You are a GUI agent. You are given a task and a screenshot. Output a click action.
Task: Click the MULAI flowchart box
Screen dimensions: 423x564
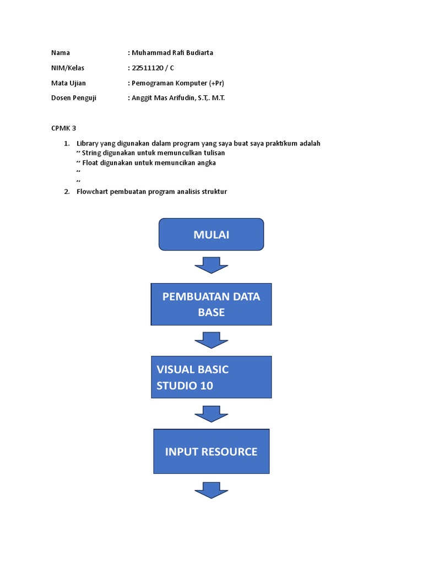(x=211, y=235)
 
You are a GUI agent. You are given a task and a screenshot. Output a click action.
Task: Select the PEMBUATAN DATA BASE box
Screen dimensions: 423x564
(x=211, y=304)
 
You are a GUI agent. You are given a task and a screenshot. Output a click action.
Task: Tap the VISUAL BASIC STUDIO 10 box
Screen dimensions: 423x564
(x=211, y=377)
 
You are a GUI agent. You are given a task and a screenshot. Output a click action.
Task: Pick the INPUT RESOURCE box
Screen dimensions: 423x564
(x=211, y=451)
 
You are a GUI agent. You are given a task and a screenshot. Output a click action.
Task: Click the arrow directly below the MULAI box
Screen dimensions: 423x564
(x=211, y=265)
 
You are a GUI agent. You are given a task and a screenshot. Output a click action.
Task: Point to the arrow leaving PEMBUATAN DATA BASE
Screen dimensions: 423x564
(x=211, y=339)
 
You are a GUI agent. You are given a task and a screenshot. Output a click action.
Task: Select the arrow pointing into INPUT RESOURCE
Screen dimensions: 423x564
(x=211, y=414)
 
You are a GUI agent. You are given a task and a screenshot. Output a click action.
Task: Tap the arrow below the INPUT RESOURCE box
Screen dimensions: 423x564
(x=211, y=490)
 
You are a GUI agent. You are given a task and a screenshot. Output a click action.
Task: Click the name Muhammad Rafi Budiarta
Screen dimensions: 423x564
(x=172, y=53)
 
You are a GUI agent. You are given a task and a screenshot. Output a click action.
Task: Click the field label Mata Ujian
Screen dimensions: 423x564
(x=68, y=83)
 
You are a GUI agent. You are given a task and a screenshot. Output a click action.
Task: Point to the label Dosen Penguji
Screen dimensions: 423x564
(x=73, y=98)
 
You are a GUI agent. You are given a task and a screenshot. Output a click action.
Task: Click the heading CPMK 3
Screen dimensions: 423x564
(x=63, y=128)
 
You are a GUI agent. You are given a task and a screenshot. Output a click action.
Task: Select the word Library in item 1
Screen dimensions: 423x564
(x=88, y=143)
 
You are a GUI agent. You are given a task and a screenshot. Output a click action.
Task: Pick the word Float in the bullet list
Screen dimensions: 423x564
(x=90, y=163)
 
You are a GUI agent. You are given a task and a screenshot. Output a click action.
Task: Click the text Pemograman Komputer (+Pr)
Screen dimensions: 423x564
(x=177, y=83)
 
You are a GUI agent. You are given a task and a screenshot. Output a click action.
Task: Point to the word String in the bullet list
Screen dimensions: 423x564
(x=91, y=153)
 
